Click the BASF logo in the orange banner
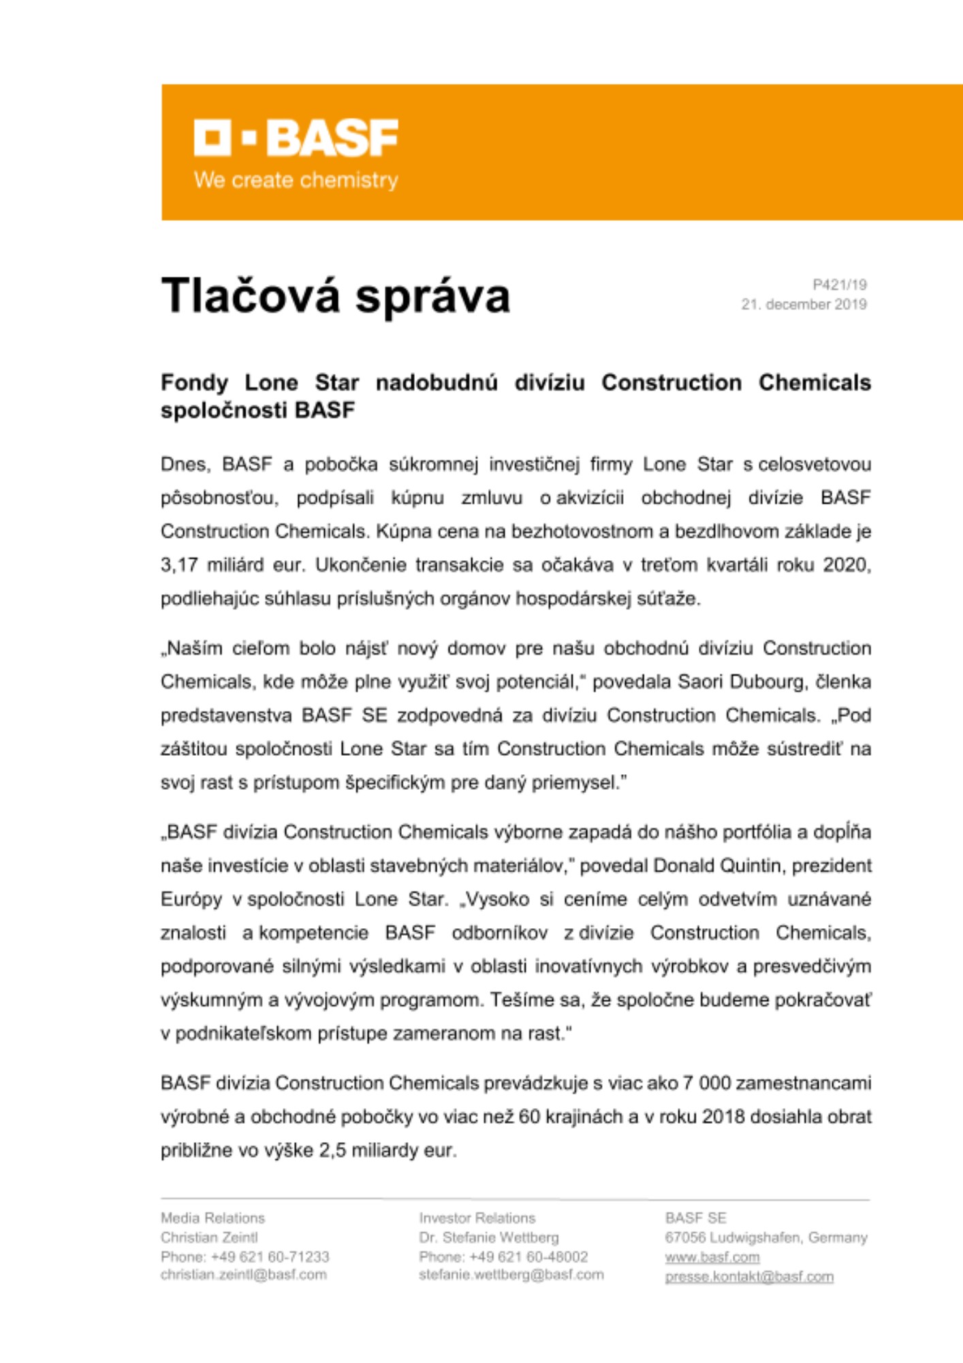(296, 138)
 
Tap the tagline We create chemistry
(296, 180)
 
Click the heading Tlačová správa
(335, 296)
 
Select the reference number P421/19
(839, 285)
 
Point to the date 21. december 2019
(804, 304)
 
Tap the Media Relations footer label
(212, 1218)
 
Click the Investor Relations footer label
(477, 1218)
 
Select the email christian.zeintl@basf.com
(243, 1274)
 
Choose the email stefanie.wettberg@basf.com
(511, 1274)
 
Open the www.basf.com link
(712, 1257)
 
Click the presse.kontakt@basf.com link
(748, 1276)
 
